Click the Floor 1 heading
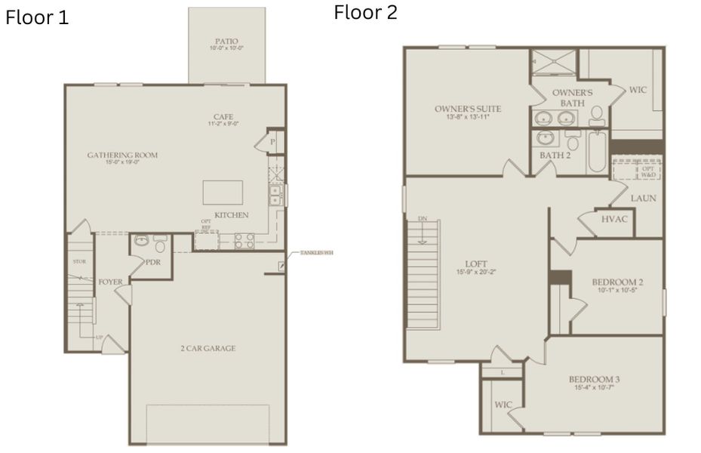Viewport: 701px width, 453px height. point(37,18)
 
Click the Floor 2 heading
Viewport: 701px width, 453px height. point(365,13)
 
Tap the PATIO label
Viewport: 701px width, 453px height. point(226,41)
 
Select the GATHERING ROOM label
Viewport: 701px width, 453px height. point(122,155)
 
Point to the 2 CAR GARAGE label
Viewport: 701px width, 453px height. point(208,348)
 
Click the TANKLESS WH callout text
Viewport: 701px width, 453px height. point(316,252)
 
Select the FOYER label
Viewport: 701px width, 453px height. point(110,282)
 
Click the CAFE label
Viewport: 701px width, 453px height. point(223,116)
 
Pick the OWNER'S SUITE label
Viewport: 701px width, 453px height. point(468,109)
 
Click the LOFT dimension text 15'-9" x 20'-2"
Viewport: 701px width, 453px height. point(475,272)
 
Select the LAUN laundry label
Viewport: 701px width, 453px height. point(644,198)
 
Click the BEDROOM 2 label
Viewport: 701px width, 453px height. point(617,282)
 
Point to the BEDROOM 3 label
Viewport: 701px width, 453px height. point(594,379)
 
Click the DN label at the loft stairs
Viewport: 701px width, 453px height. point(421,219)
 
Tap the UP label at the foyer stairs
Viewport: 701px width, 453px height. point(98,337)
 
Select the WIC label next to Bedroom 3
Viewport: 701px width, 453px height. point(503,405)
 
